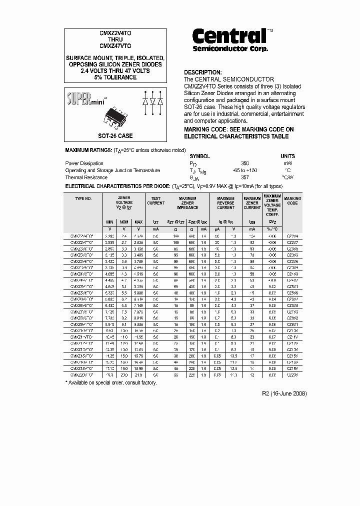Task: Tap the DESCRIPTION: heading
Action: coord(202,72)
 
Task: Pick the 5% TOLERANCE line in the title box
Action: coord(114,77)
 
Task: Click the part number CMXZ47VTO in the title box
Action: coord(114,45)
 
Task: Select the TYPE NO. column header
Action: coord(83,198)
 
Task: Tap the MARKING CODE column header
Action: coord(292,201)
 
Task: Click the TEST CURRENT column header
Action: coord(155,201)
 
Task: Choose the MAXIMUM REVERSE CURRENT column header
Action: coord(225,203)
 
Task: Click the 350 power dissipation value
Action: coord(244,163)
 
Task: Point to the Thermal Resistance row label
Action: coord(86,177)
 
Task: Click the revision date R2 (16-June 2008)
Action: coord(284,393)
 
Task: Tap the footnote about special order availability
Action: coord(111,383)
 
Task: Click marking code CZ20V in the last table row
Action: coord(292,374)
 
